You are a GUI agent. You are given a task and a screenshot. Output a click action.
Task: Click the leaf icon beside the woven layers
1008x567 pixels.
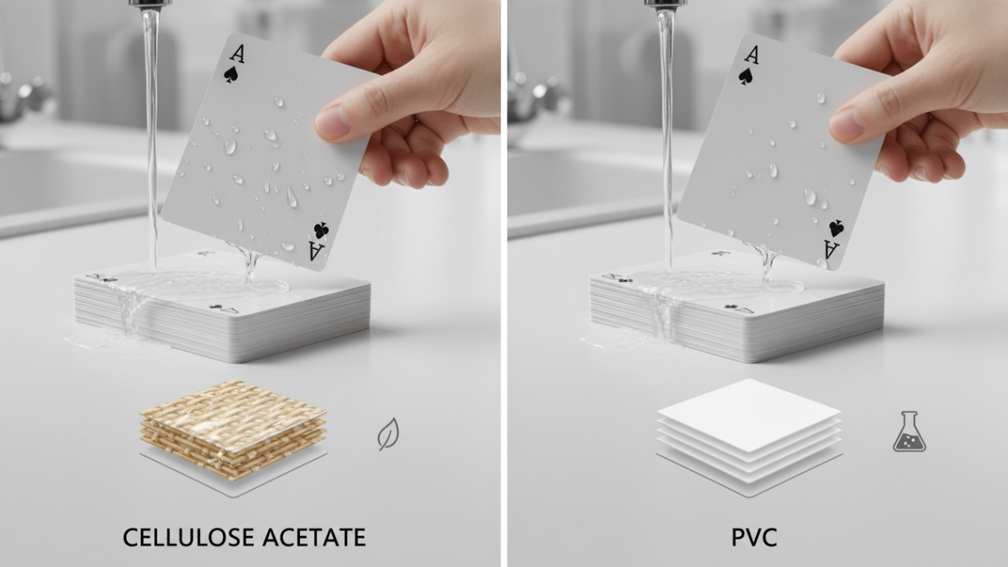coord(388,434)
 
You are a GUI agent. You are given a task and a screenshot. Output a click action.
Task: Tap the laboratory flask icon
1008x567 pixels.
coord(909,432)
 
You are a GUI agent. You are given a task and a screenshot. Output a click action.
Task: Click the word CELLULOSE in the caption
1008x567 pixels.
coord(187,537)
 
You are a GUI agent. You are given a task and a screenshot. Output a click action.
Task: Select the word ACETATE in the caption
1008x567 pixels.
coord(314,537)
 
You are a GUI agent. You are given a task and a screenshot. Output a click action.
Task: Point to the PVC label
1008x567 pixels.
coord(754,537)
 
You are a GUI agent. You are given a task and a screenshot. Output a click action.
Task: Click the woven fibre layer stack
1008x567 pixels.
coord(233,430)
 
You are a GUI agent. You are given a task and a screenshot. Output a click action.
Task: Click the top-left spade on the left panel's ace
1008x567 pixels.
coord(232,75)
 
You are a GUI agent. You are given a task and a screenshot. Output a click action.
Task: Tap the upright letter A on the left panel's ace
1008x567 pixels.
coord(237,54)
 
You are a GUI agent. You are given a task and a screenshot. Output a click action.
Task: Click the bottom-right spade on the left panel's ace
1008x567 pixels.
coord(321,231)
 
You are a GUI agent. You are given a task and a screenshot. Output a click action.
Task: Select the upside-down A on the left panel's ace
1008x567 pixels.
coord(315,251)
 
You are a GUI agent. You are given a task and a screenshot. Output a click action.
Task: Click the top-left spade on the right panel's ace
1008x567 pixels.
coord(746,76)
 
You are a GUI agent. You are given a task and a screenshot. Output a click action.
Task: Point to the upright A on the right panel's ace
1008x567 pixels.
coord(751,55)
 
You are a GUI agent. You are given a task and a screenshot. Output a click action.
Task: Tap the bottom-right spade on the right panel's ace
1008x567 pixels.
coord(836,229)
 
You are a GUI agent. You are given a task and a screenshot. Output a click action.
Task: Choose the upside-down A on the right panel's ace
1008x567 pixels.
coord(832,250)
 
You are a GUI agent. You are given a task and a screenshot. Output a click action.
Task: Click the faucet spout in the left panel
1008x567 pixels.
coord(150,5)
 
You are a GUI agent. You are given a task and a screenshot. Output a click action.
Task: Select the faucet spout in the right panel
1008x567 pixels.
coord(666,5)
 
